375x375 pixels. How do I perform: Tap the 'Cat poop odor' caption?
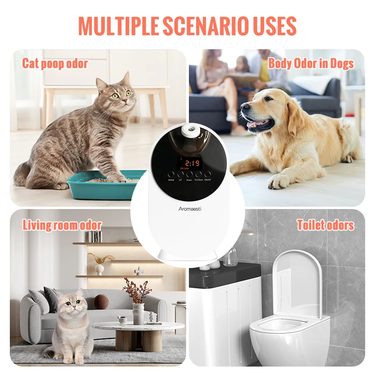[55, 63]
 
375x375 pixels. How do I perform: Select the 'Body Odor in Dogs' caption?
[310, 63]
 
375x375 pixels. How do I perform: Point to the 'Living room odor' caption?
[62, 225]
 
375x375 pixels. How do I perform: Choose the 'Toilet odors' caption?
[325, 225]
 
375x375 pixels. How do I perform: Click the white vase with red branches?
[138, 313]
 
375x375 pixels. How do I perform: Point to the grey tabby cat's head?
[114, 94]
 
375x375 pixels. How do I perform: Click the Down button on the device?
[189, 174]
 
